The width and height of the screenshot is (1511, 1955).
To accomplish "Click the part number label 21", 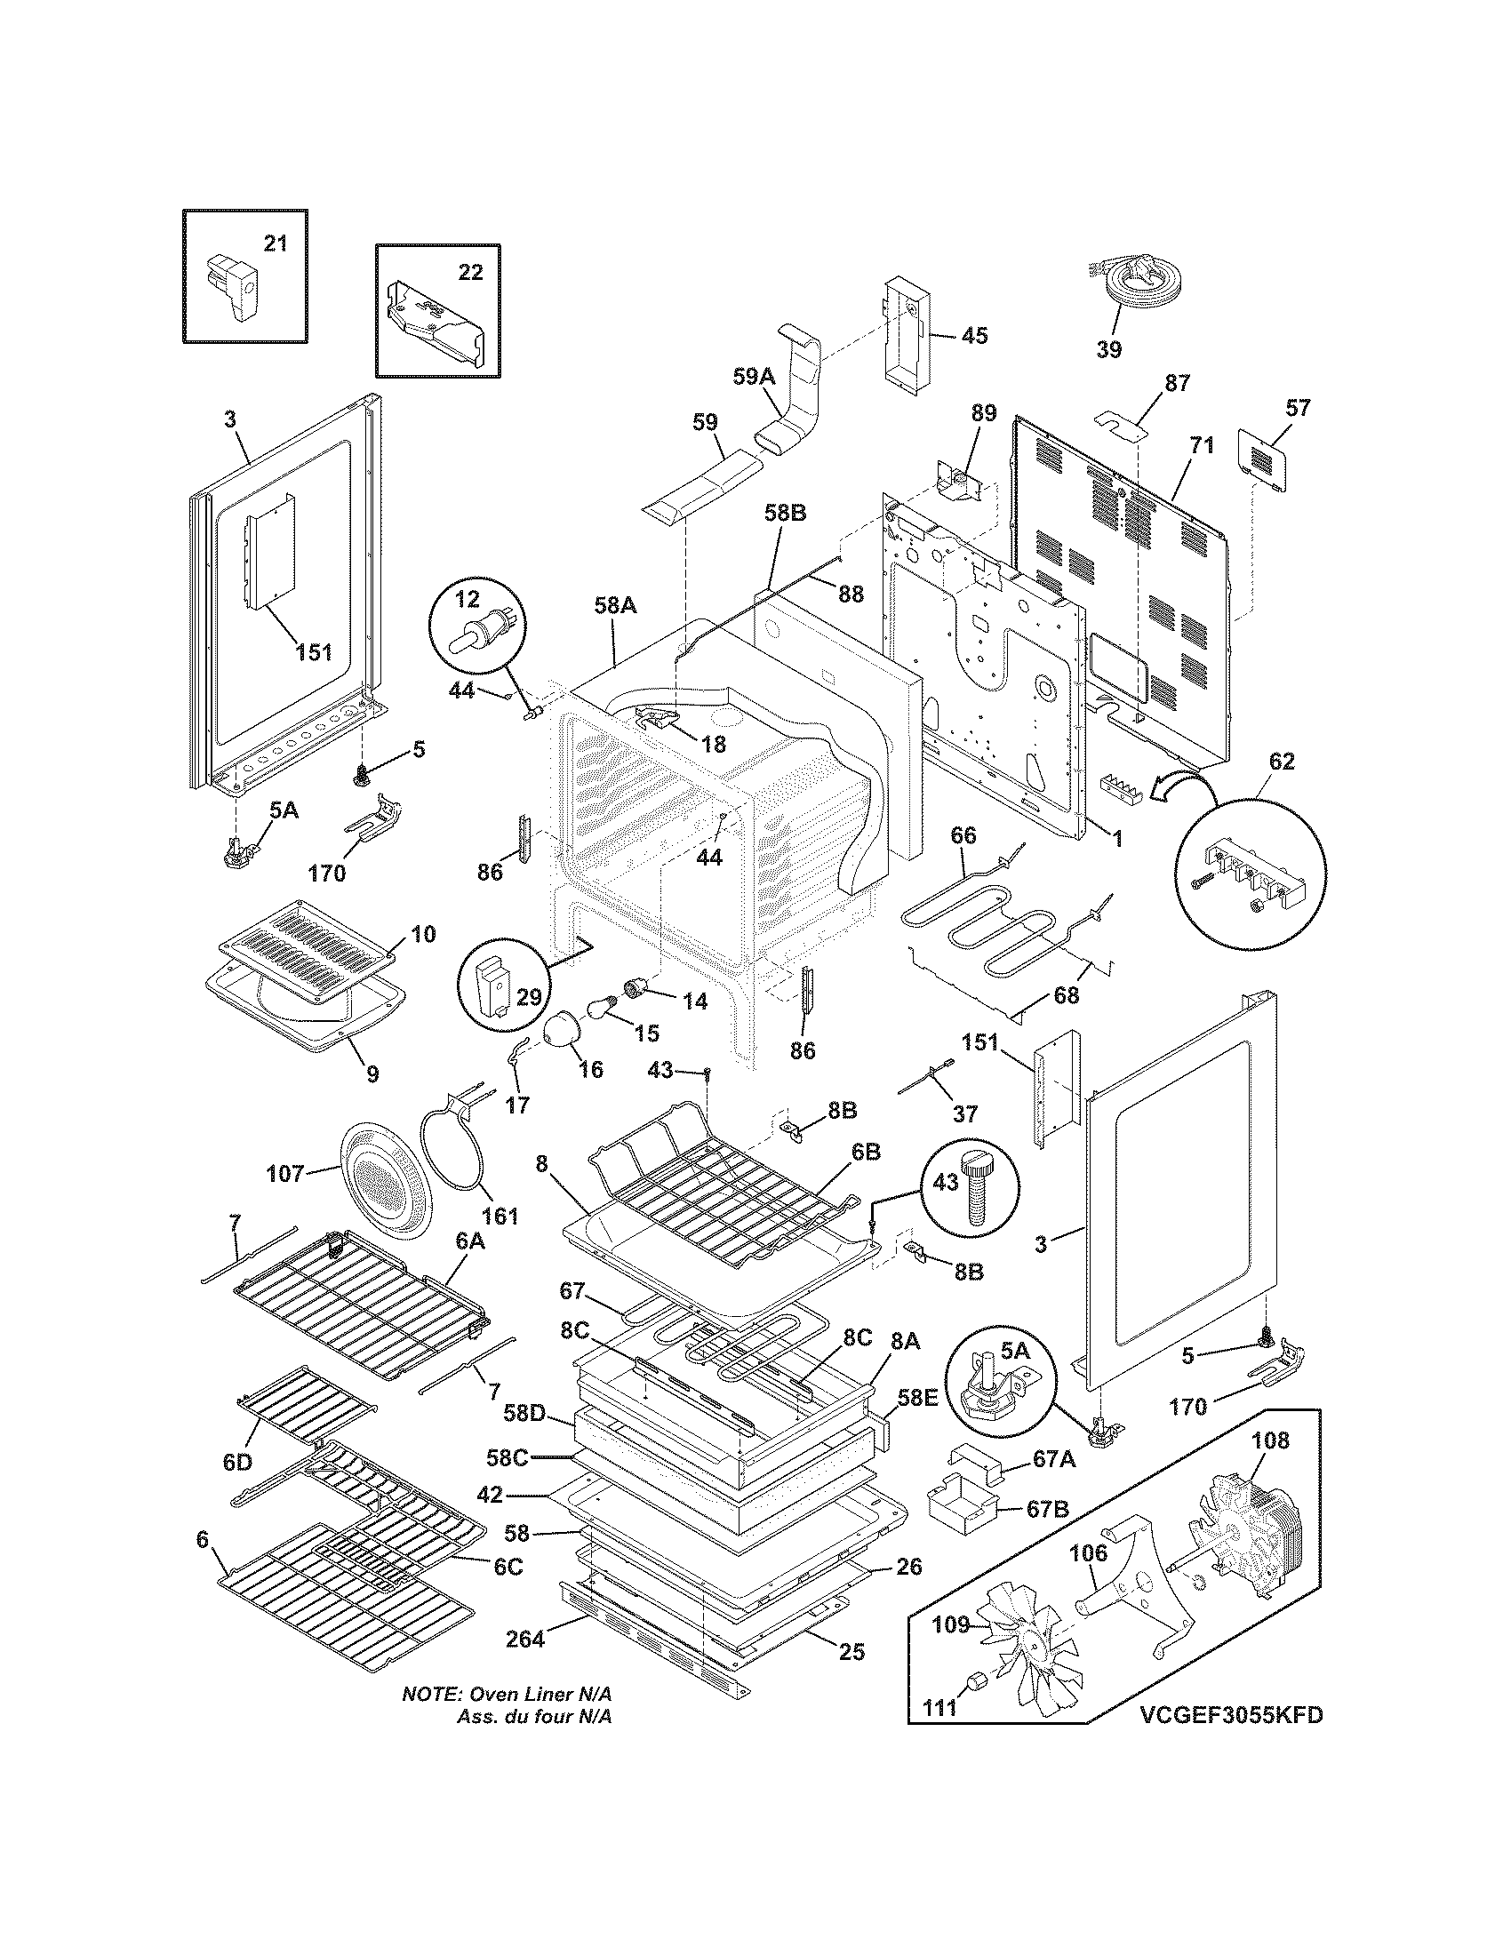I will (275, 243).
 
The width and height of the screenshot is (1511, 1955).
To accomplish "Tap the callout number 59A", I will (754, 377).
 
